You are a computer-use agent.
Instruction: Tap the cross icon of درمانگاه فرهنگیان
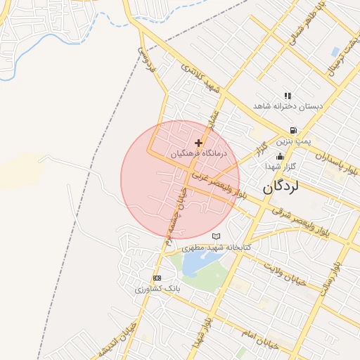[x=198, y=142]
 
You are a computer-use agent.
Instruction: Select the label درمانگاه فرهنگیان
[x=198, y=153]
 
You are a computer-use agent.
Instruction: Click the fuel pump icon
[x=292, y=130]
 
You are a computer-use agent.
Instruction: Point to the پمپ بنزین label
[x=291, y=141]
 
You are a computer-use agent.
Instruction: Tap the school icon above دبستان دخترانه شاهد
[x=288, y=96]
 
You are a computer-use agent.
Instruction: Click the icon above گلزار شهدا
[x=281, y=156]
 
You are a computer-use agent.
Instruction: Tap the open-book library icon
[x=217, y=236]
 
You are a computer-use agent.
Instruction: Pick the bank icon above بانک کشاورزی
[x=156, y=278]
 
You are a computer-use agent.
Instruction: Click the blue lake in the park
[x=193, y=263]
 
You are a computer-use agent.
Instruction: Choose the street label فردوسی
[x=143, y=57]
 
